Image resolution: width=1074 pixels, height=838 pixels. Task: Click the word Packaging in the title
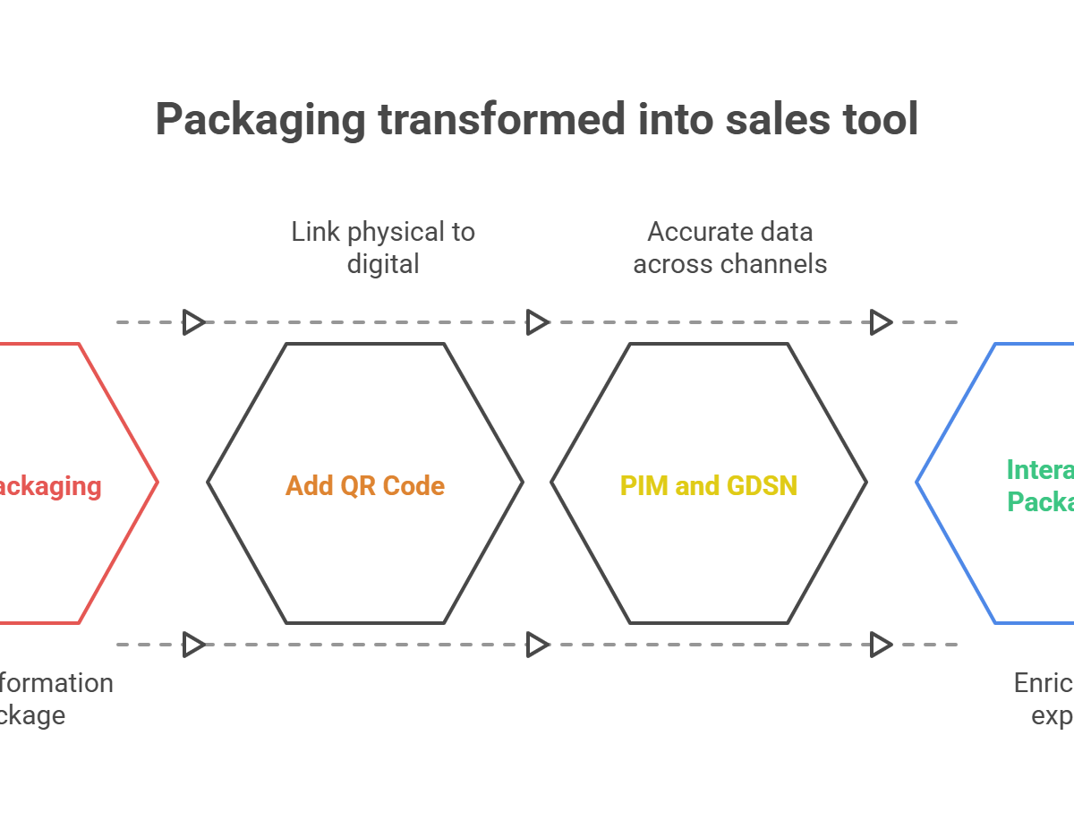(260, 120)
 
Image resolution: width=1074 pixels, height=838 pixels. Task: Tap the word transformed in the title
(499, 118)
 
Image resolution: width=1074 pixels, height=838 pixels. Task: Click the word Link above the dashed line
(315, 232)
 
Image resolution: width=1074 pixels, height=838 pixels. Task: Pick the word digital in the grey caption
(383, 264)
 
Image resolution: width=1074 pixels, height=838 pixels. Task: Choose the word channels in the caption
(778, 264)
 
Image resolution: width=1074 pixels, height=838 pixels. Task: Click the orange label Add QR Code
(365, 485)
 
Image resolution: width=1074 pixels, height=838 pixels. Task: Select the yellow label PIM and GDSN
(708, 485)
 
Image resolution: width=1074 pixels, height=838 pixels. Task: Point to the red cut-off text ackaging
(49, 485)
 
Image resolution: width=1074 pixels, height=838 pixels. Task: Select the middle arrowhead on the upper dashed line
(538, 321)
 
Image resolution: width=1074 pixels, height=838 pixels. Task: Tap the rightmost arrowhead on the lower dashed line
(882, 644)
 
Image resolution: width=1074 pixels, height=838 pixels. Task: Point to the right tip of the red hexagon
(158, 483)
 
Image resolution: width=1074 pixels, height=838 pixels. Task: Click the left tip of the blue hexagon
(916, 483)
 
